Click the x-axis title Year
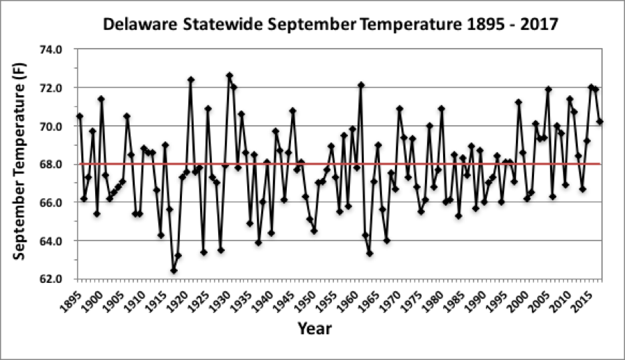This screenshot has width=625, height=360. [314, 328]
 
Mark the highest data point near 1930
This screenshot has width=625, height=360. [229, 76]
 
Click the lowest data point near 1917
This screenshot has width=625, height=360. [174, 270]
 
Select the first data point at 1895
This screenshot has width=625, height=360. [80, 116]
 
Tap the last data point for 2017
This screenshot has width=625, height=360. [600, 122]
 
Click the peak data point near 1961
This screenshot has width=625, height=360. [361, 85]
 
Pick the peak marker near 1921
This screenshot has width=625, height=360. [191, 80]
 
